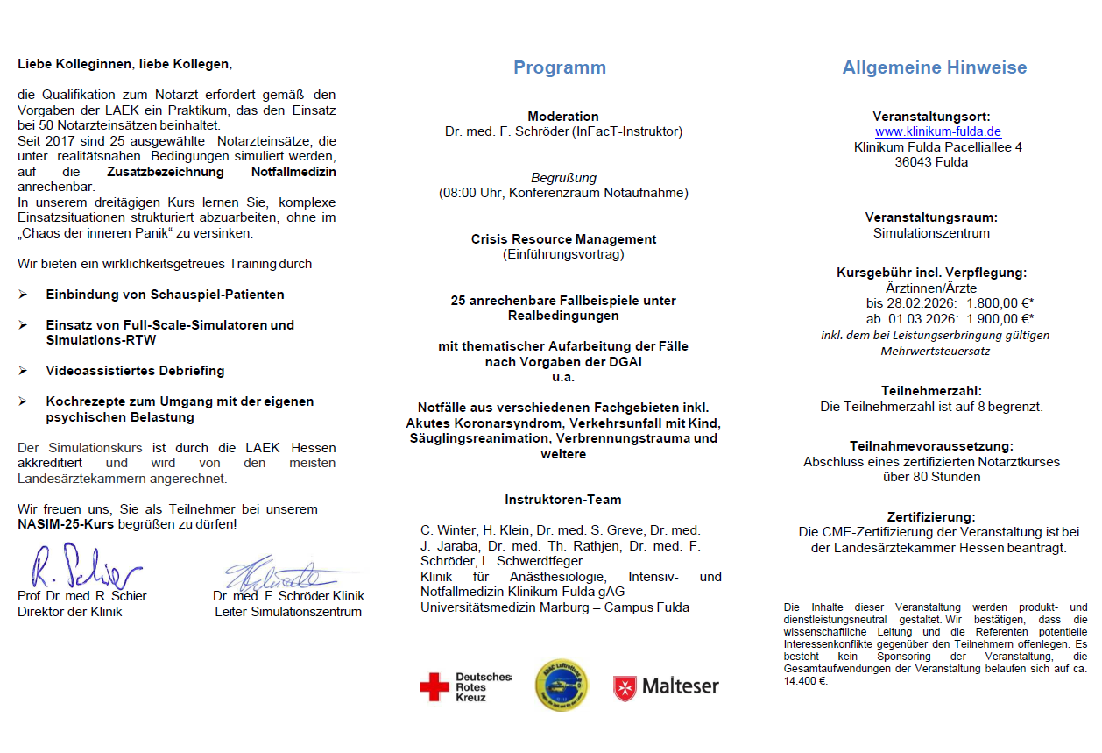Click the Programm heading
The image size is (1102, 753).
[559, 68]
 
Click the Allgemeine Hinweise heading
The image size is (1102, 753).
[935, 68]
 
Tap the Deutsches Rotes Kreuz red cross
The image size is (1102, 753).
[434, 687]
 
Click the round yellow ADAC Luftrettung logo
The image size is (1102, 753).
[562, 685]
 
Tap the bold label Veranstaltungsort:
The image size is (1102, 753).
[931, 116]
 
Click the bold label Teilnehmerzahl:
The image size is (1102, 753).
[931, 391]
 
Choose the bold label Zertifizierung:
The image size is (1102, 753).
[931, 517]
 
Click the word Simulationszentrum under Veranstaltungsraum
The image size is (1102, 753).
[931, 233]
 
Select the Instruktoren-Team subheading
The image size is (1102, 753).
[562, 500]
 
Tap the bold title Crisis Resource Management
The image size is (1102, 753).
[563, 239]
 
